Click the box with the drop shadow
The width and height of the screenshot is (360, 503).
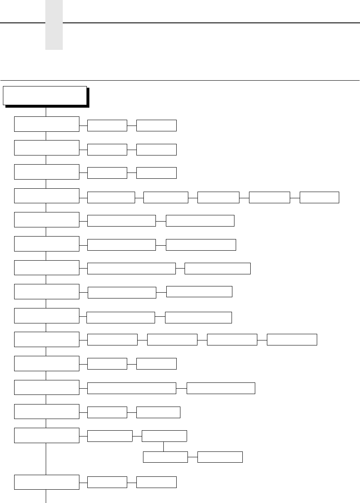[x=45, y=96]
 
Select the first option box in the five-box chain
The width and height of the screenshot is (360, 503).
[x=111, y=197]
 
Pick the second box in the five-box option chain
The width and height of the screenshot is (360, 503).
[x=165, y=197]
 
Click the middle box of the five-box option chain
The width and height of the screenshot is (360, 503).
[x=218, y=197]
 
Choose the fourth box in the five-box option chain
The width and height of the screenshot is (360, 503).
[x=269, y=197]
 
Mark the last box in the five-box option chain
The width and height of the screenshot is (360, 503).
[x=319, y=197]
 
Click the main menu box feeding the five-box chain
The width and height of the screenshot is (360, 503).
[x=47, y=195]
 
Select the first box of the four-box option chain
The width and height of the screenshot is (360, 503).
[x=112, y=339]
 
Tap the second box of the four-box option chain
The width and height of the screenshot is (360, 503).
[x=172, y=339]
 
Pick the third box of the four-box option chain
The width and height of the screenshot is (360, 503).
[x=232, y=339]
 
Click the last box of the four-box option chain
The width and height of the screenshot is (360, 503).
[x=292, y=339]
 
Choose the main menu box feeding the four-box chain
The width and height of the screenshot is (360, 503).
[x=47, y=339]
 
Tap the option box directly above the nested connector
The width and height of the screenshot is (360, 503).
[x=164, y=436]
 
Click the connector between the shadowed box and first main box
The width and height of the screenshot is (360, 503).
[x=46, y=112]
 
